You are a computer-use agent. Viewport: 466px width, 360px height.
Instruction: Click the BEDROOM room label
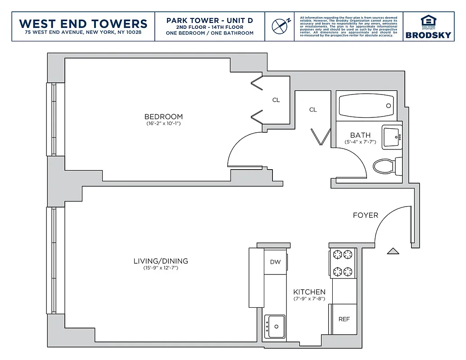pos(163,117)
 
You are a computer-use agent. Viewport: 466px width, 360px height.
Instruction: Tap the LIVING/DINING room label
pos(161,261)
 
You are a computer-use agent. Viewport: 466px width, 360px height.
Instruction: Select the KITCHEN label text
pos(309,292)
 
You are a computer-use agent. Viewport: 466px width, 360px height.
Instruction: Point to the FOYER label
pos(365,215)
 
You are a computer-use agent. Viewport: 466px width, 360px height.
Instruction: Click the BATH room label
pos(360,135)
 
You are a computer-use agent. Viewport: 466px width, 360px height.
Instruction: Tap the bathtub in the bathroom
pos(366,106)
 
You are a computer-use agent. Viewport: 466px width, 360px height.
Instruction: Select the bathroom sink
pos(392,137)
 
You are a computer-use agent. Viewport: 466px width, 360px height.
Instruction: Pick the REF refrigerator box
pos(344,319)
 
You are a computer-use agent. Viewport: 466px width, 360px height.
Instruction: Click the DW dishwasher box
pos(275,262)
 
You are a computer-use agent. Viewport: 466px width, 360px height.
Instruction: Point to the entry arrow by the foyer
pos(393,251)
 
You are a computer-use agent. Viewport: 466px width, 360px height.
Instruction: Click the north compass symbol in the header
pos(281,26)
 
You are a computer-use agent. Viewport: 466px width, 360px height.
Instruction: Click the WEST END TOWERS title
pos(84,23)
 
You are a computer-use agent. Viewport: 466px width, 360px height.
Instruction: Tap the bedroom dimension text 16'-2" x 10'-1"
pos(163,123)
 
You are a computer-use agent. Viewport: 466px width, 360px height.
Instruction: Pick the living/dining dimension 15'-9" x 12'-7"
pos(161,268)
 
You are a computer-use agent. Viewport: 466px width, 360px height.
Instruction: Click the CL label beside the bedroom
pos(276,100)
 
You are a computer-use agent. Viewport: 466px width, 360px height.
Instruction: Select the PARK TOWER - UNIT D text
pos(209,20)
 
